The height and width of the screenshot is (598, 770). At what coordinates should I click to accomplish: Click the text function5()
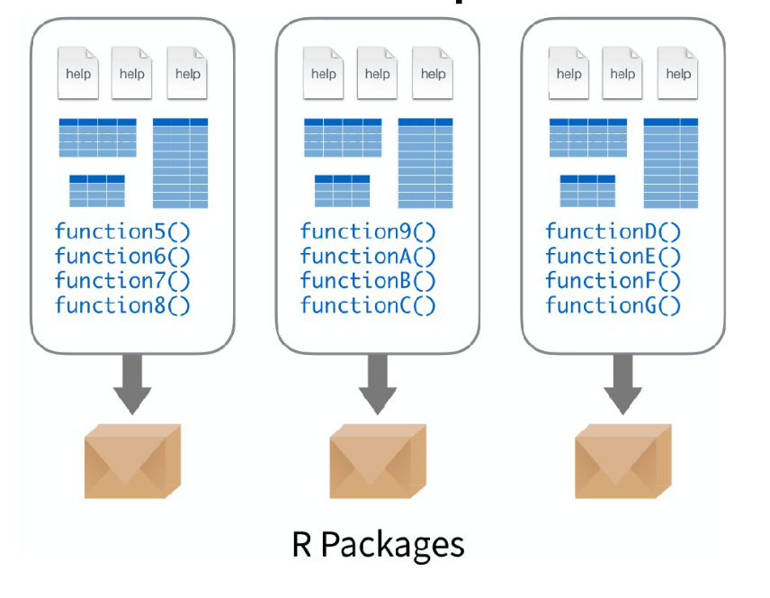[122, 231]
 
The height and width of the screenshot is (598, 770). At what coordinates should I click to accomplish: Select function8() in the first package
[122, 305]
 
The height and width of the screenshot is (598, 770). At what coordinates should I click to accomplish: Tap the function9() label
[368, 231]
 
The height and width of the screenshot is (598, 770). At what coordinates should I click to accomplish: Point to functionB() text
[368, 281]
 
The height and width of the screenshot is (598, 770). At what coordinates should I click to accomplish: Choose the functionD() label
[613, 231]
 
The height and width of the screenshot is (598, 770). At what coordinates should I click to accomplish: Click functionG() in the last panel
[613, 305]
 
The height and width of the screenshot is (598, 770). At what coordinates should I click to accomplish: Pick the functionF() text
[613, 281]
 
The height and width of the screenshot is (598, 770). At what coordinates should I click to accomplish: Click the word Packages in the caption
[392, 546]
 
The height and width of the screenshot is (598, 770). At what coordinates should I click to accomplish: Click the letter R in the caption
[301, 544]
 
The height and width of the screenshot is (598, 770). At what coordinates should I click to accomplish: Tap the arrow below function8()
[132, 383]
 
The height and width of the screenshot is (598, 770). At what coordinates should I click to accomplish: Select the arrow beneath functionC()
[378, 383]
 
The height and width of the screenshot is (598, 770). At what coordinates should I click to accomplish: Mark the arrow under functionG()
[623, 383]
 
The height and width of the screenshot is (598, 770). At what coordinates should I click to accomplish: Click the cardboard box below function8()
[132, 461]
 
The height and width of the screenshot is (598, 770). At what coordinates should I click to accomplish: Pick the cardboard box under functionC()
[378, 461]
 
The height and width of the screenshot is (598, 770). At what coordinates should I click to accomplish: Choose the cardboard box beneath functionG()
[623, 461]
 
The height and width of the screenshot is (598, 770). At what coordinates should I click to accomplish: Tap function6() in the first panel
[122, 256]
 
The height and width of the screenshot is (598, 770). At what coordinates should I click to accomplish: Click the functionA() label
[368, 256]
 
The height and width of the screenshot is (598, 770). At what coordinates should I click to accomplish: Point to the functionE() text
[613, 256]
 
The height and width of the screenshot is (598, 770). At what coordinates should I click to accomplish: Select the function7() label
[122, 281]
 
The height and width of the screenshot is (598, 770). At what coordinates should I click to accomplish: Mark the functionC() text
[368, 305]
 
